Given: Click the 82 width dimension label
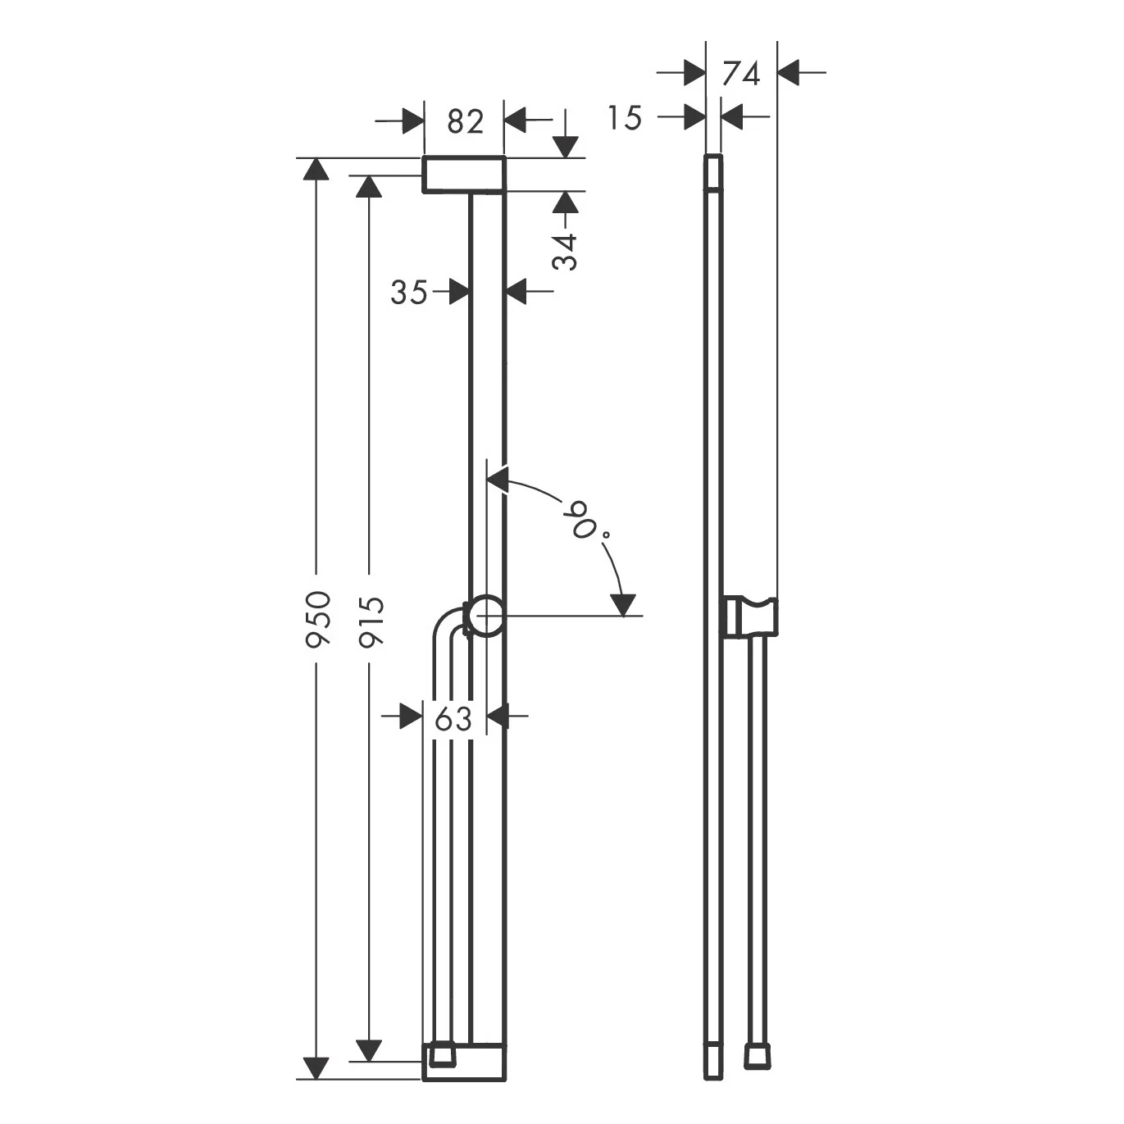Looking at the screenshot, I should pos(465,121).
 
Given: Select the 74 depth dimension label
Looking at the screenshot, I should pos(741,73).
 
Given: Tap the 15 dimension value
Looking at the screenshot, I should pos(625,118).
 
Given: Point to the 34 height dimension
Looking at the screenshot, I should pos(565,252).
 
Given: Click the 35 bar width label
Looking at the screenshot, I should pos(408,291).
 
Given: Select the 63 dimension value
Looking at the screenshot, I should pos(453,718).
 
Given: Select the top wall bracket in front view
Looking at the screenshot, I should pos(464,174).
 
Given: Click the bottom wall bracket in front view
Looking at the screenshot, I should pos(464,1062).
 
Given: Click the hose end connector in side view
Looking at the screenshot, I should pos(756,1057).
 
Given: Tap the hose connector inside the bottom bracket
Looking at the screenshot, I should pos(443,1055).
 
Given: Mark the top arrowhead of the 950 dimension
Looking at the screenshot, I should pos(316,168).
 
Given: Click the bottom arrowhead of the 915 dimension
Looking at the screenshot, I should pos(369,1049).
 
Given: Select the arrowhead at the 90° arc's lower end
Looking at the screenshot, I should pos(624,605).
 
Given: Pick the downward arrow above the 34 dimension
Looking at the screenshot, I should pos(565,146).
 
